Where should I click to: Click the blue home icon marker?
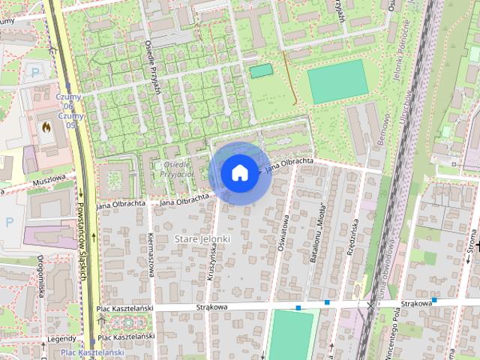[x=239, y=173]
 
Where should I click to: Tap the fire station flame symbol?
[x=48, y=127]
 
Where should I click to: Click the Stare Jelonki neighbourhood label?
[x=202, y=238]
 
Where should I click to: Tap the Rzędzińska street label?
[x=352, y=238]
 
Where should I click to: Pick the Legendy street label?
[x=61, y=339]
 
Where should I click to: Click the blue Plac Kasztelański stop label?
[x=91, y=352]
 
